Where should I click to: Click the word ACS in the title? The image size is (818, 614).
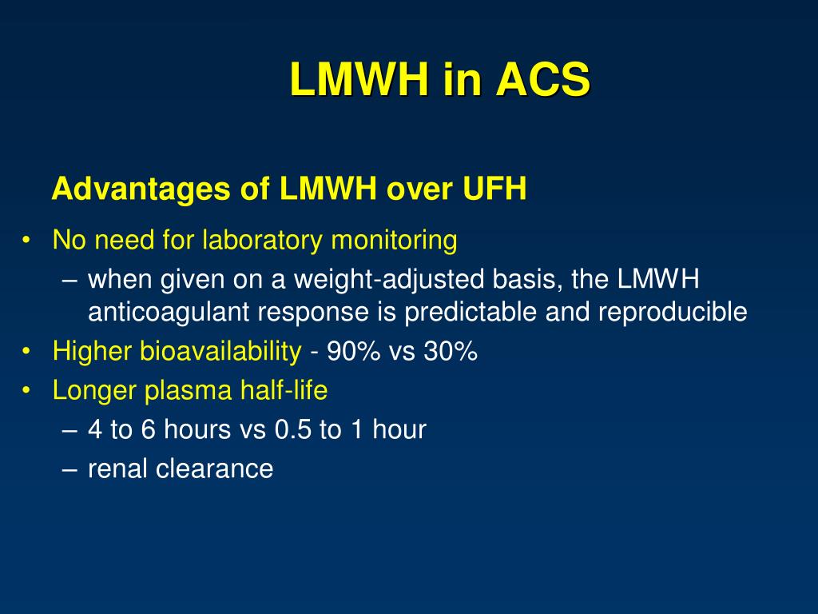[x=542, y=79]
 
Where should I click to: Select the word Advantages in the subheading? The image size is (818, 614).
[x=141, y=189]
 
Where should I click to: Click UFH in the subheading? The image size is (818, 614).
[x=494, y=188]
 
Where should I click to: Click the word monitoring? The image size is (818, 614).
[x=395, y=241]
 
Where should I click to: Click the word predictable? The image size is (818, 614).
[x=471, y=313]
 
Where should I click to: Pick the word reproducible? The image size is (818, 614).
[x=673, y=313]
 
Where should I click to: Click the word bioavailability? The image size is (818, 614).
[x=220, y=351]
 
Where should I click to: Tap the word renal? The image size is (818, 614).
[x=118, y=468]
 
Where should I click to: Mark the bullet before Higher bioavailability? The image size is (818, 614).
[x=26, y=352]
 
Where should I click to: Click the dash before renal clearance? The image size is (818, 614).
[x=69, y=469]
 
